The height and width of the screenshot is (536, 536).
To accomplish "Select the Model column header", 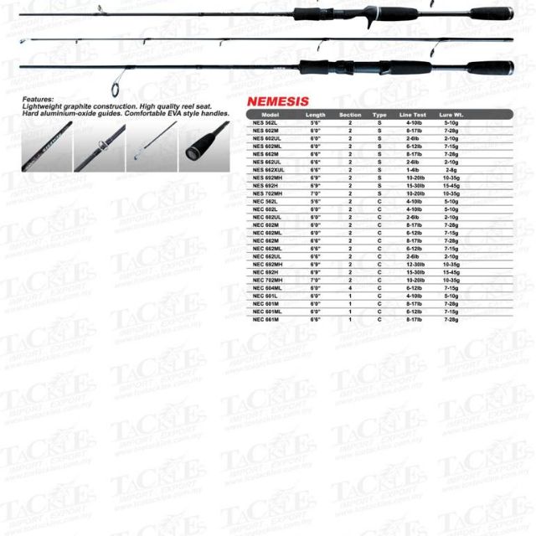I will pos(270,114).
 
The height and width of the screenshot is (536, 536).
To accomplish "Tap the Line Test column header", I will pos(413,114).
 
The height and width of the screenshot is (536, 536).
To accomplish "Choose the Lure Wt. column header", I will pos(451,114).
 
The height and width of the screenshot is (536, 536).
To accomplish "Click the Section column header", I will pos(350,114).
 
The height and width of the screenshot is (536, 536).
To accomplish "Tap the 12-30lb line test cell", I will pos(412,265).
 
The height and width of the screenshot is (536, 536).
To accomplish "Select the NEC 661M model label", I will pos(265,319).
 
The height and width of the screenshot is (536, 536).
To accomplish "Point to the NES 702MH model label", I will pos(267,192).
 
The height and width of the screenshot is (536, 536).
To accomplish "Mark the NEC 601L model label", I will pos(265,296).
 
